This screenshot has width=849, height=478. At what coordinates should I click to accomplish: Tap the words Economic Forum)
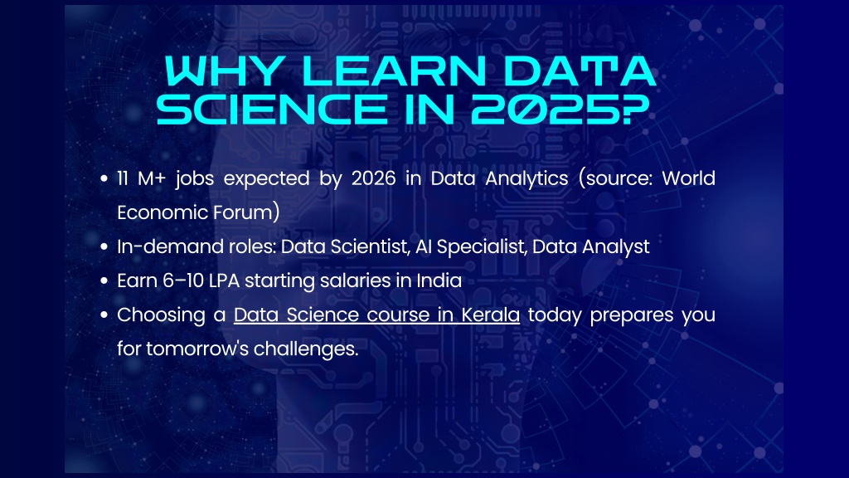198,212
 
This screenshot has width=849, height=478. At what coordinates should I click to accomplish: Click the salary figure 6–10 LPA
188,280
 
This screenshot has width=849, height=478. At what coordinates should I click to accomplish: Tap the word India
439,280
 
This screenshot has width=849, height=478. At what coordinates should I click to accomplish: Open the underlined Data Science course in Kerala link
376,315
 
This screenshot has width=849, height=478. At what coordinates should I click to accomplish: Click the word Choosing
160,315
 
